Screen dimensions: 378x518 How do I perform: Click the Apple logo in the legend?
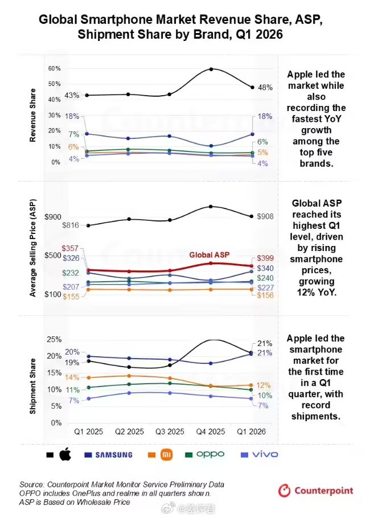point(65,454)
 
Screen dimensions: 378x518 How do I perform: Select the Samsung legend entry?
point(114,455)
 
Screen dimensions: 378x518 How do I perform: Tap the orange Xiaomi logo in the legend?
point(166,455)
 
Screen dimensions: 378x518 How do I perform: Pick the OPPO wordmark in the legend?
point(210,455)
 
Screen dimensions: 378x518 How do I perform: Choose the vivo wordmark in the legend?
point(265,455)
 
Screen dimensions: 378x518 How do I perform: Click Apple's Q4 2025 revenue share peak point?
point(211,69)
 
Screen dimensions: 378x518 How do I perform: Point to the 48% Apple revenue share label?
point(265,88)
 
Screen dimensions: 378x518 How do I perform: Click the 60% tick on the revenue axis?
point(54,68)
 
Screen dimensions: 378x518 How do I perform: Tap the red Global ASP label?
point(209,254)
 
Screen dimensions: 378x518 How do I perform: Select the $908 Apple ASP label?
point(265,216)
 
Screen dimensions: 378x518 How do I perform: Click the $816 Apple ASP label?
point(71,225)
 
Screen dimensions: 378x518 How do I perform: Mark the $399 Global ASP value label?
point(265,258)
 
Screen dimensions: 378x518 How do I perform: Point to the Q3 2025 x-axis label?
point(170,431)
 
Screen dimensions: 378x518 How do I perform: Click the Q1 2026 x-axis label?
point(251,431)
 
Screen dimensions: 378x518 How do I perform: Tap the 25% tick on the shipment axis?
point(54,339)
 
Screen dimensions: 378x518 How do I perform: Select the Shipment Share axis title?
point(32,386)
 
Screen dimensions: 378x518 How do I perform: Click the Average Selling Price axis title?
point(32,248)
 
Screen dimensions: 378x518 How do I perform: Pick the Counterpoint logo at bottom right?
point(315,491)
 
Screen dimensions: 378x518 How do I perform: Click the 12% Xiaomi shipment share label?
point(264,385)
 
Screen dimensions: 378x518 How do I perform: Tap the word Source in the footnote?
point(31,484)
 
